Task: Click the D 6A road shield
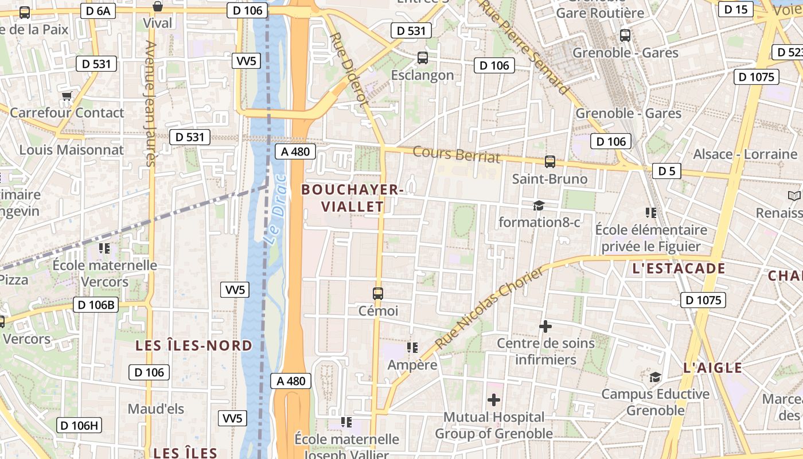[95, 11]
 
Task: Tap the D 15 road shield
[736, 9]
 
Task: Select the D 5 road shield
[666, 171]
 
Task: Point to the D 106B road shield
[95, 305]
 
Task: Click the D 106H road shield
[79, 425]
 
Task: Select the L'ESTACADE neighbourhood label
[679, 269]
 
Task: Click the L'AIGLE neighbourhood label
[713, 368]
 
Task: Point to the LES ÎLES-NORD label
[194, 345]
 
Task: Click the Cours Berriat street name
[457, 154]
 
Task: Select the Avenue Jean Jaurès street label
[151, 103]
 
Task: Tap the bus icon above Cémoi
[378, 294]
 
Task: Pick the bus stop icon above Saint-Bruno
[550, 162]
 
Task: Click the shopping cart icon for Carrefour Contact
[67, 96]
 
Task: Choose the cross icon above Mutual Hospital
[494, 399]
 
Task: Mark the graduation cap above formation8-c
[539, 205]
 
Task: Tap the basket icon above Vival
[158, 6]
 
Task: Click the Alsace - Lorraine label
[745, 154]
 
